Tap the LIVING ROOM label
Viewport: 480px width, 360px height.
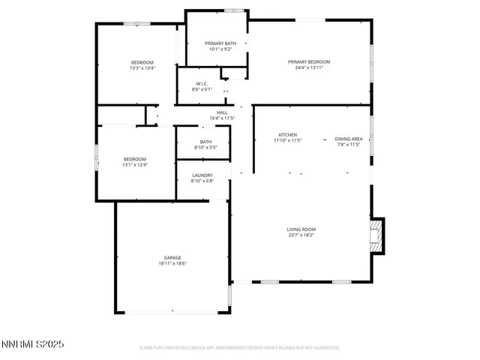[301, 229]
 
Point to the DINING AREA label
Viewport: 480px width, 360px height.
[348, 139]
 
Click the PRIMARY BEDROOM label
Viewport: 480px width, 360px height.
[309, 61]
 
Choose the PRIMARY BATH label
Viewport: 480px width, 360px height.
[220, 43]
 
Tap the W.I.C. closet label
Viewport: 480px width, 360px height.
[202, 83]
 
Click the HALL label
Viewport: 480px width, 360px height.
[222, 112]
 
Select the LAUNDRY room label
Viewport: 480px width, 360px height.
[202, 175]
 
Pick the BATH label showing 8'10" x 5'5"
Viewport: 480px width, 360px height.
[205, 142]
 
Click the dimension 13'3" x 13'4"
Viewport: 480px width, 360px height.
[142, 68]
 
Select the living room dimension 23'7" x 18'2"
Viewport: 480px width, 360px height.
[301, 235]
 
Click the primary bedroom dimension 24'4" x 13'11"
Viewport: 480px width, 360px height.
[309, 68]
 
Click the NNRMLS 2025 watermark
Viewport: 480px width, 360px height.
[33, 344]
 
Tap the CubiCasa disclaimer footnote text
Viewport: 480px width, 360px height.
[240, 348]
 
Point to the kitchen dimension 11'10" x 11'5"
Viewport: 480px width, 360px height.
[287, 140]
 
